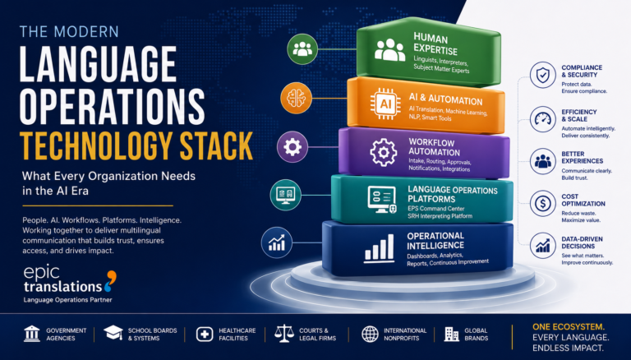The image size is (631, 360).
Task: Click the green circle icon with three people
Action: (x=302, y=48)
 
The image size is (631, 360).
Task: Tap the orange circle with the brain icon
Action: (x=296, y=98)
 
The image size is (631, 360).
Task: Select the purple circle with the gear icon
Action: (x=292, y=146)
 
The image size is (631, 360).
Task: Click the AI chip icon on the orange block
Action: (x=385, y=104)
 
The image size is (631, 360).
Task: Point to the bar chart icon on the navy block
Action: (x=379, y=249)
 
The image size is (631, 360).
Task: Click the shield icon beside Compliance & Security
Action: (x=543, y=76)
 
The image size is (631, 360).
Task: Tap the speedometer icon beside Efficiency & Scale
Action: (x=543, y=119)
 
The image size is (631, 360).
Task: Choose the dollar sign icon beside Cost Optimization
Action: (x=543, y=203)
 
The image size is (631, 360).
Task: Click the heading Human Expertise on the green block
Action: (x=435, y=44)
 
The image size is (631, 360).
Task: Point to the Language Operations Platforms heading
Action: (x=453, y=194)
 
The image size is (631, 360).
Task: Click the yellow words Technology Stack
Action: (x=136, y=145)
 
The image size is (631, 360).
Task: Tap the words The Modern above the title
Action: (x=69, y=32)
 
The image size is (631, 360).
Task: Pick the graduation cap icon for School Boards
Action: (x=113, y=333)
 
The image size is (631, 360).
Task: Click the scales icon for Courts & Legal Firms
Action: (x=284, y=334)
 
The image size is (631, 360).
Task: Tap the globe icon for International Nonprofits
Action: (x=370, y=335)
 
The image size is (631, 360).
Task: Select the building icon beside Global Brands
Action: (x=452, y=335)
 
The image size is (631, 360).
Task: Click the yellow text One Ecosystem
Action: (x=569, y=326)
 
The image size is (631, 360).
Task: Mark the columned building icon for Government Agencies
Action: (x=32, y=334)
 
